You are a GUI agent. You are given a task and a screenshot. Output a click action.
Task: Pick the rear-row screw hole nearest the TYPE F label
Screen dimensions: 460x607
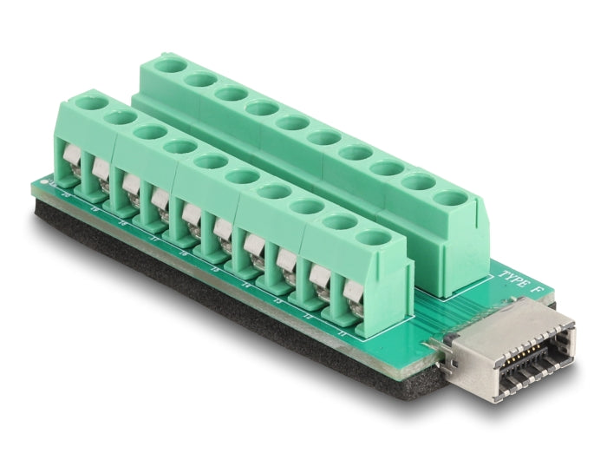(x=449, y=198)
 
